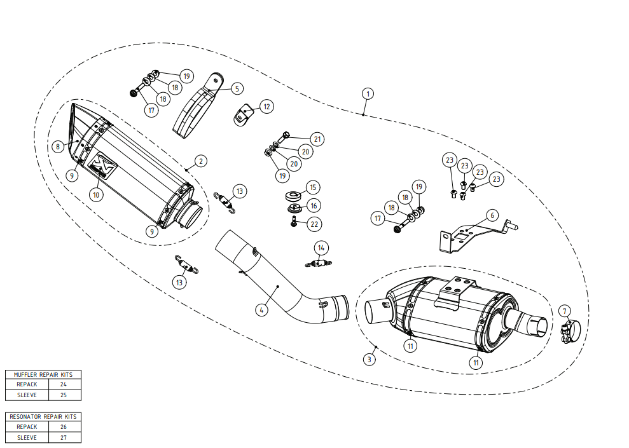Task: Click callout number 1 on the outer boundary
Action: [x=368, y=94]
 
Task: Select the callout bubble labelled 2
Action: [x=200, y=161]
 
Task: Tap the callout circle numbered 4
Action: [x=261, y=309]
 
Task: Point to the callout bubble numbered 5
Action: [x=237, y=88]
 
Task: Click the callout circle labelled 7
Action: [x=564, y=311]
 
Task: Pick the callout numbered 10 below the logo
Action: [x=96, y=194]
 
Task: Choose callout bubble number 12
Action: [x=266, y=107]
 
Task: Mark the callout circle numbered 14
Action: [x=321, y=248]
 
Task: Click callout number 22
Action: [x=314, y=224]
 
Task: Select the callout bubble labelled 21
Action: [x=317, y=139]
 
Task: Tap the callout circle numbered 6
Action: [x=493, y=215]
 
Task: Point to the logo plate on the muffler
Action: [x=102, y=165]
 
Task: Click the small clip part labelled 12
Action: [x=243, y=114]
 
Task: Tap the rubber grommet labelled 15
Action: [x=294, y=197]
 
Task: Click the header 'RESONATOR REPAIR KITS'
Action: [x=43, y=416]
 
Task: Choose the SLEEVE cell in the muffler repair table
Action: [x=27, y=395]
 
